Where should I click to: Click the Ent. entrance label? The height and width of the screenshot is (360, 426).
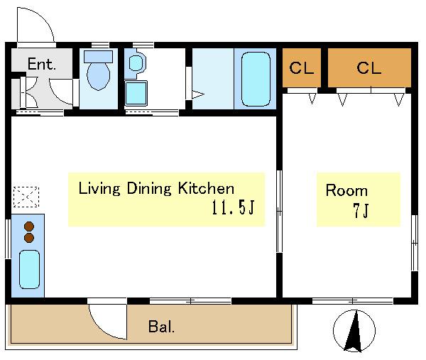(42, 64)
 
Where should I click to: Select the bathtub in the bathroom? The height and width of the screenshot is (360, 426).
(256, 79)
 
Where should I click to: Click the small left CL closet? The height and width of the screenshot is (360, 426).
(302, 67)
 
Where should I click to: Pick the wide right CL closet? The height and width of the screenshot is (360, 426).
(369, 67)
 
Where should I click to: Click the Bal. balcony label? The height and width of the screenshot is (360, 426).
(161, 327)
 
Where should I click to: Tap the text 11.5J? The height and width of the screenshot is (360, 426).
(233, 208)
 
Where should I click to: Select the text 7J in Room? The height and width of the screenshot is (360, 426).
(361, 210)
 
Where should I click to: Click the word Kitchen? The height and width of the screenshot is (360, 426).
(206, 188)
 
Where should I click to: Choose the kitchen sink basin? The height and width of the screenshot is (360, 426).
(29, 269)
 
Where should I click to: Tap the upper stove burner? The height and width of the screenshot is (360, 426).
(29, 227)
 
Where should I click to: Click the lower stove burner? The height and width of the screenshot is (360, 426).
(29, 238)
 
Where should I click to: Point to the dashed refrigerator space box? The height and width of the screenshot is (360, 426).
(26, 197)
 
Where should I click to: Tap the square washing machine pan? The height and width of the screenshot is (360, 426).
(136, 93)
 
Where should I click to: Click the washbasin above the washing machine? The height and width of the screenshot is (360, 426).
(136, 62)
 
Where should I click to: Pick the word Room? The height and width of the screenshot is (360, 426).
(346, 190)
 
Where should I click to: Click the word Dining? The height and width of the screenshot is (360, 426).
(149, 189)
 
